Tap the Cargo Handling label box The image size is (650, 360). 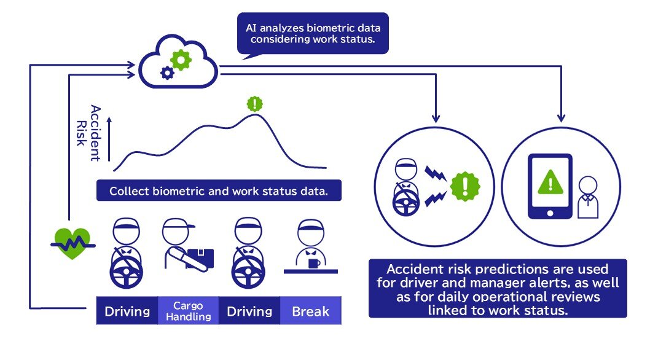188,311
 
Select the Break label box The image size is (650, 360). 310,311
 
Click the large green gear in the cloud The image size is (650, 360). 181,60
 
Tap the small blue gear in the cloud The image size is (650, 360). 166,73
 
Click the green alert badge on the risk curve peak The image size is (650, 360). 254,103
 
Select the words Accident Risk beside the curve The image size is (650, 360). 88,133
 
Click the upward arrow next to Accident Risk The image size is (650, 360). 109,139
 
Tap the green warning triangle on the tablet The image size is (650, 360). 550,180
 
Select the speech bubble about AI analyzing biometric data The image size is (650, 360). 313,33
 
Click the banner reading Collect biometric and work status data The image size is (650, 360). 219,190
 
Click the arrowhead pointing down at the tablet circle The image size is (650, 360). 560,117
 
